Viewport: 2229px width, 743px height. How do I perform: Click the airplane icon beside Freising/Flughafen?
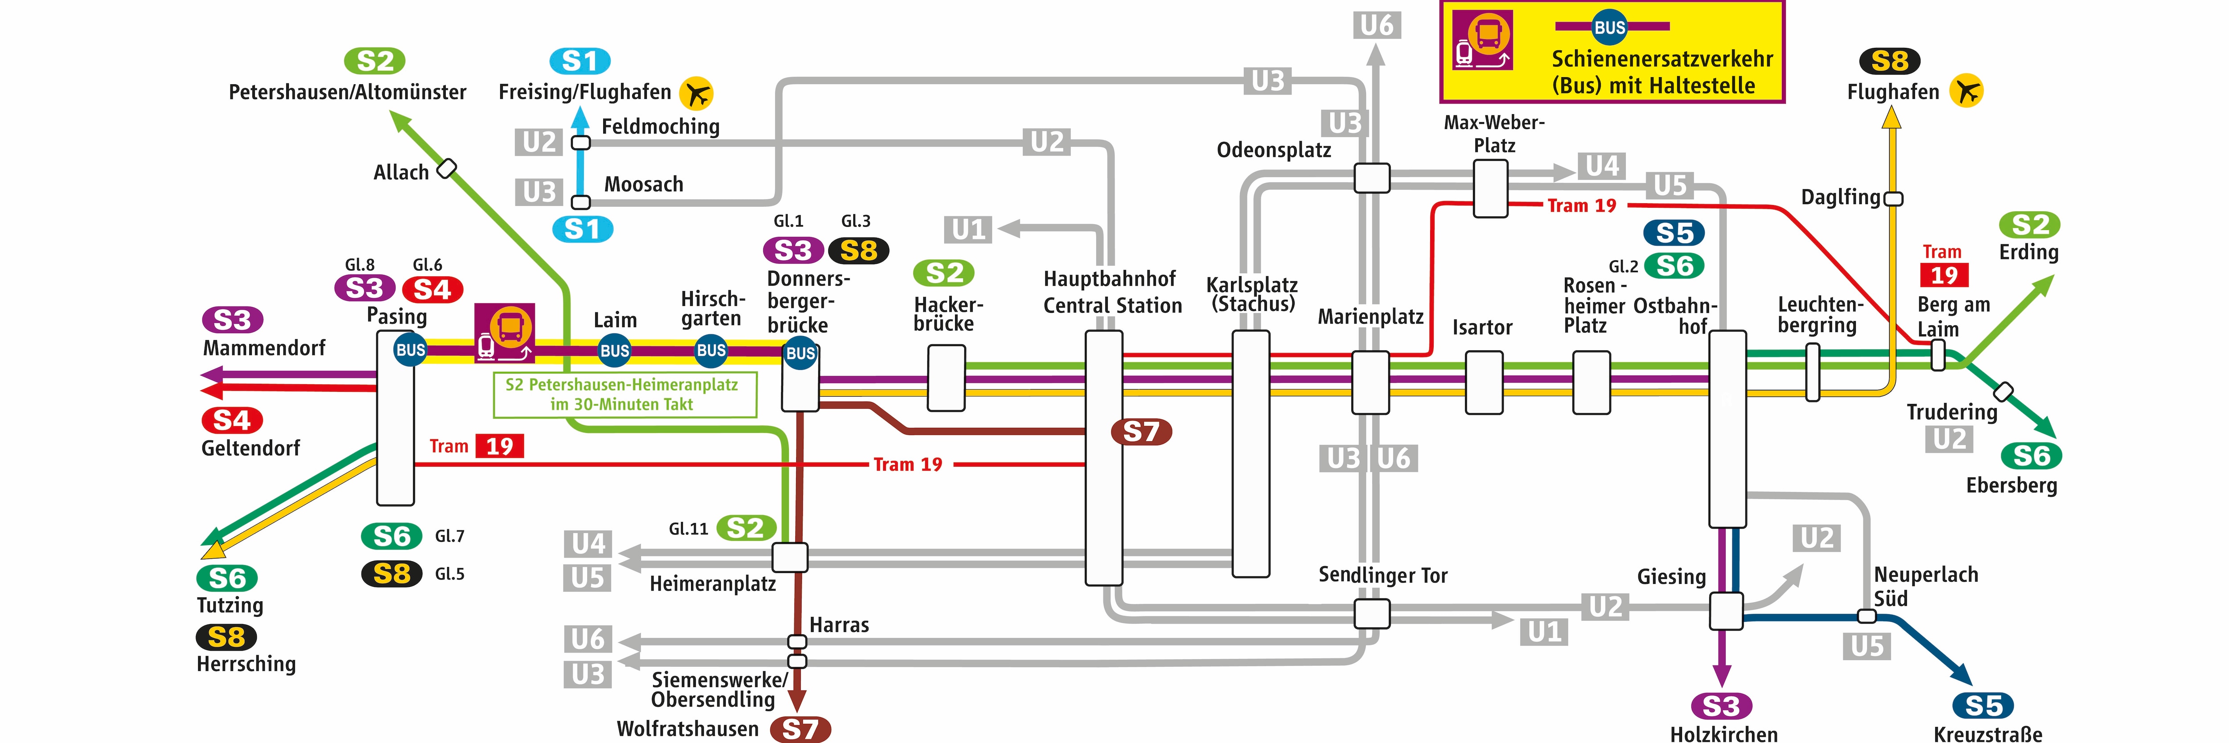click(x=696, y=93)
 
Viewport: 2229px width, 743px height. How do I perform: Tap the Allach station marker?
click(x=447, y=168)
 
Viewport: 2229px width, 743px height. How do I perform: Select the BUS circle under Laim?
click(x=614, y=350)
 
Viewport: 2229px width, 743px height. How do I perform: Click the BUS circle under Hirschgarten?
click(x=711, y=350)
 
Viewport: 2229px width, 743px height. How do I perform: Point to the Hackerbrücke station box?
click(x=946, y=378)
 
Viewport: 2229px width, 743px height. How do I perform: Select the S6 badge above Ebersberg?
click(x=2031, y=455)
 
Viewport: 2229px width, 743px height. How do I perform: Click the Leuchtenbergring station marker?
click(x=1813, y=372)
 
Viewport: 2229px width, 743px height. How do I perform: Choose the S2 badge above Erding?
click(x=2029, y=225)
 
